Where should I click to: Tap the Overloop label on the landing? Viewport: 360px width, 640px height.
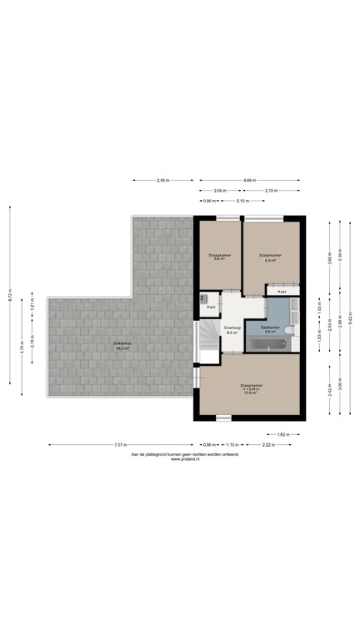(232, 330)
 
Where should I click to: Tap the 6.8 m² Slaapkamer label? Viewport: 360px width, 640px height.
(220, 257)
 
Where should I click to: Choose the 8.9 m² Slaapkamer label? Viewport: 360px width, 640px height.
(270, 257)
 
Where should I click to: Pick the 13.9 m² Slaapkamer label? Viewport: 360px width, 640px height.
(250, 390)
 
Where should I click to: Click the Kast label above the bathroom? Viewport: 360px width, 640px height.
(282, 292)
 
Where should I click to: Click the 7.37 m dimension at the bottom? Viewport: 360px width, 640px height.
(121, 445)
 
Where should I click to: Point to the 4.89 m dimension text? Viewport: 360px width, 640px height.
(249, 180)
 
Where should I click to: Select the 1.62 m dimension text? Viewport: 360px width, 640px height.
(282, 434)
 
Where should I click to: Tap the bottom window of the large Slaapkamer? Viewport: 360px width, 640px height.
(223, 417)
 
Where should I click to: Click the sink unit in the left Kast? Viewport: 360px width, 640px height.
(202, 297)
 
